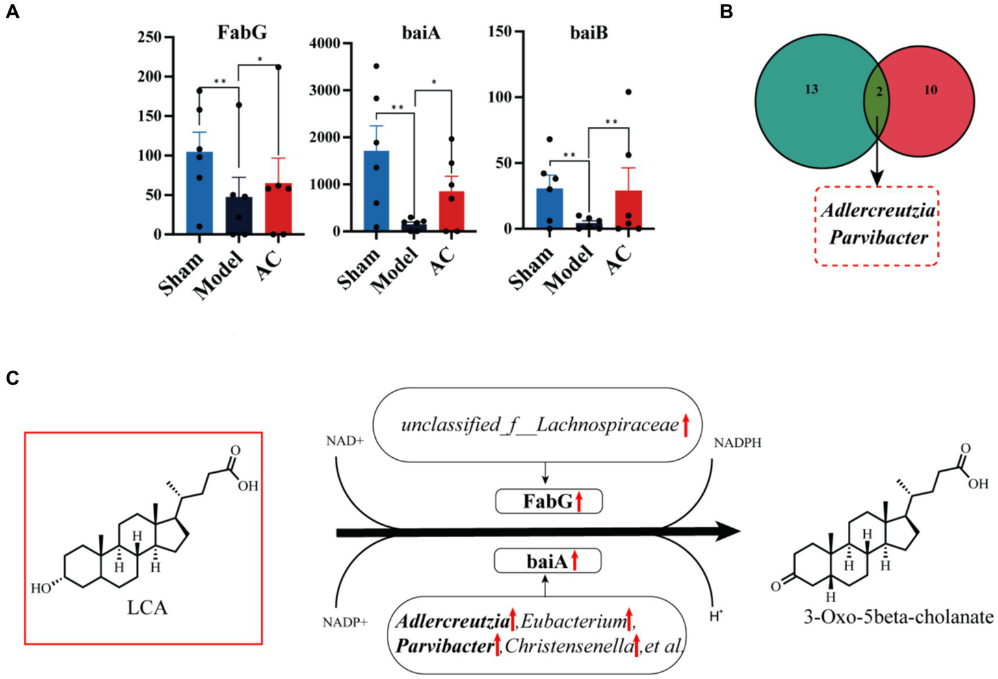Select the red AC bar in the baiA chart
click(451, 211)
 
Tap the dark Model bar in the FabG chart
click(239, 215)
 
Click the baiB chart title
click(588, 33)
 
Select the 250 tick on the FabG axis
click(150, 37)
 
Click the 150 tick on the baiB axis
click(500, 31)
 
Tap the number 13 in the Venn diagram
click(811, 89)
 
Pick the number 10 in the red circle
click(930, 90)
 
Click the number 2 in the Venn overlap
click(879, 92)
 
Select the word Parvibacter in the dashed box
click(878, 237)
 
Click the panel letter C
click(12, 379)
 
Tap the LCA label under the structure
click(147, 608)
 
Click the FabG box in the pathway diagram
click(549, 501)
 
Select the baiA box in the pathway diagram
click(547, 561)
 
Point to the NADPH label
click(737, 443)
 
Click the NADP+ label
click(345, 623)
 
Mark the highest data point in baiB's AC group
click(629, 92)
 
